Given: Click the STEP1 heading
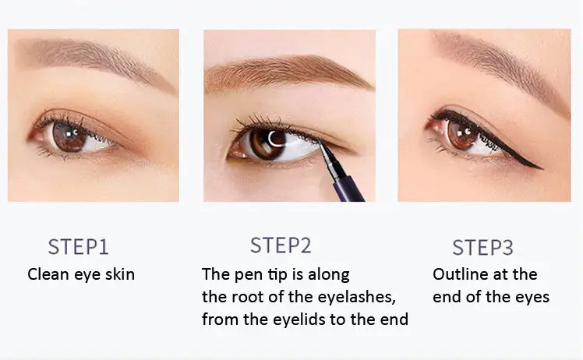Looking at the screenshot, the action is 78,247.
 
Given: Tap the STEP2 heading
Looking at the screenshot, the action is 281,245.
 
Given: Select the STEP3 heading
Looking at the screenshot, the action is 482,247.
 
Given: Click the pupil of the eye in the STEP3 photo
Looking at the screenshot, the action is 462,132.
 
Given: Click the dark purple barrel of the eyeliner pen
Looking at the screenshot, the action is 348,189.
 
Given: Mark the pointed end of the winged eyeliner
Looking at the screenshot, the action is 542,169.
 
